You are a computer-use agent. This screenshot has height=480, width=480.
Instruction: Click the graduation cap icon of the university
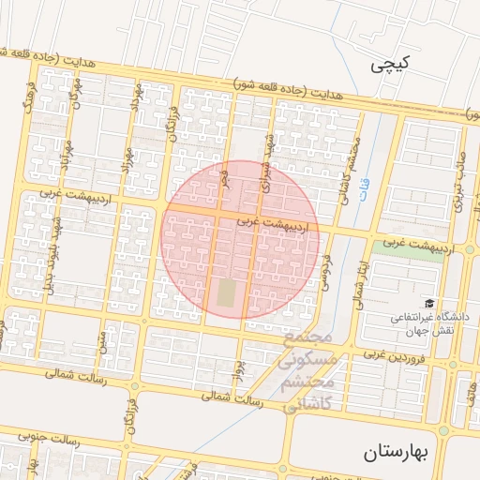point(429,303)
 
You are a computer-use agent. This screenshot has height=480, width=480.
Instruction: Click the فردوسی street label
point(327,266)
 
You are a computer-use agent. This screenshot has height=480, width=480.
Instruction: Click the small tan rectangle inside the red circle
point(228,292)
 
